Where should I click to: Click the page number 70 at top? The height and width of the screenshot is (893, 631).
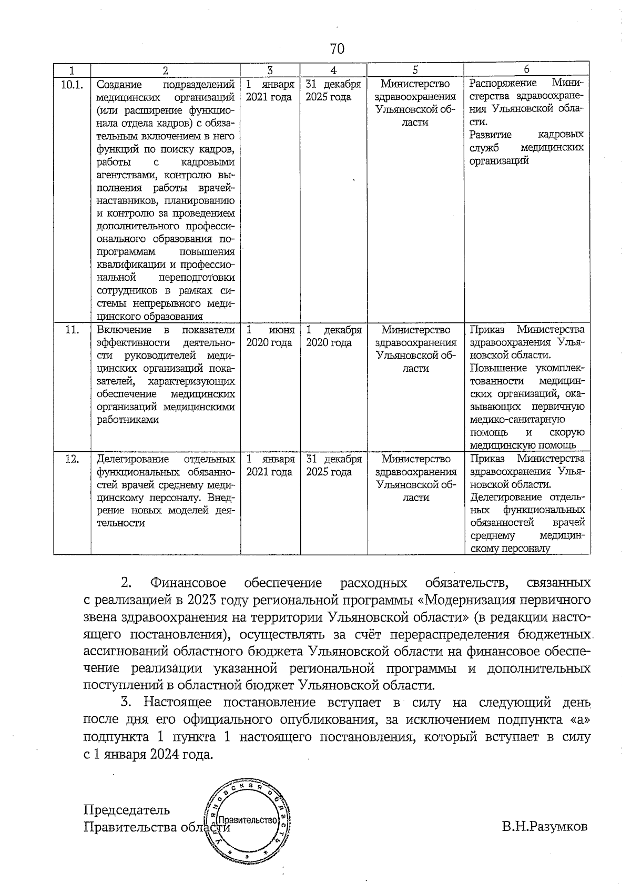337,49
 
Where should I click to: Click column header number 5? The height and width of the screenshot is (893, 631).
415,70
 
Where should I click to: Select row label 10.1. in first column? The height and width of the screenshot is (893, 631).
72,84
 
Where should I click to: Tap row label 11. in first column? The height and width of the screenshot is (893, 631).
72,330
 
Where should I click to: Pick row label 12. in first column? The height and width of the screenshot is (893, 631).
72,459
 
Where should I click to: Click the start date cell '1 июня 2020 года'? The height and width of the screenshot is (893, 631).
270,336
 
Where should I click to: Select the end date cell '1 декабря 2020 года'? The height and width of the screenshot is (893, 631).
333,336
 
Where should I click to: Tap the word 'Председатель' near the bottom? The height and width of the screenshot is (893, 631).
127,809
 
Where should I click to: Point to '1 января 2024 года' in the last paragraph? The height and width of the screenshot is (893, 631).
149,754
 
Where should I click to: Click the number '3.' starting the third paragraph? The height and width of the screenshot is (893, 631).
126,702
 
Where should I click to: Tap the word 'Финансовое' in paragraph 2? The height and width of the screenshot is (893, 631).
188,583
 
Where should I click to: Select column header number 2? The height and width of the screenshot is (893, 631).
165,70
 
